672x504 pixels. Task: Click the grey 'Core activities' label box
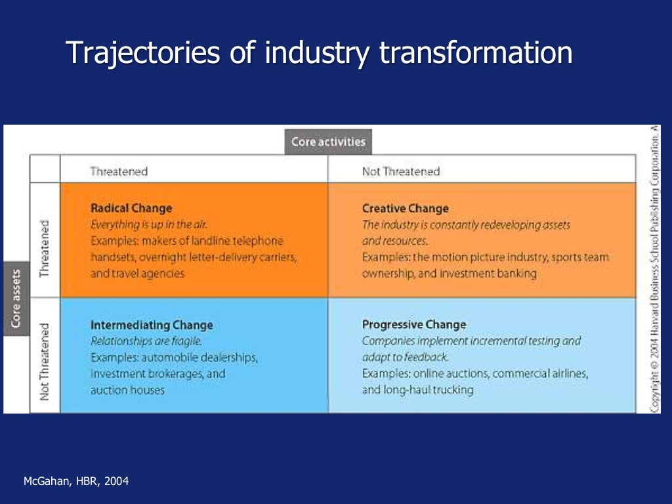[327, 142]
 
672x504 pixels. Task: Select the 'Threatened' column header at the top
[119, 171]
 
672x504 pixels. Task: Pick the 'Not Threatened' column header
[400, 171]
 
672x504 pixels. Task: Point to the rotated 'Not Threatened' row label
[45, 356]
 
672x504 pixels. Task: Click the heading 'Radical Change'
[131, 208]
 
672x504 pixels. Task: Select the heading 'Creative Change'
[406, 208]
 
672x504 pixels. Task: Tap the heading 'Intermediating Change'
[152, 325]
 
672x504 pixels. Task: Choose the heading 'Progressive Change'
[414, 324]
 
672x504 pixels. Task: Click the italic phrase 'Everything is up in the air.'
[149, 224]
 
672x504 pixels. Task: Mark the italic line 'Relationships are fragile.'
[146, 341]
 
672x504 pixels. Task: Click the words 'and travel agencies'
[138, 274]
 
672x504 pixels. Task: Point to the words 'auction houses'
[127, 390]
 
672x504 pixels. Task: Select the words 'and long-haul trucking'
[417, 390]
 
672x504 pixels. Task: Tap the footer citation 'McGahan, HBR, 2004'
[76, 482]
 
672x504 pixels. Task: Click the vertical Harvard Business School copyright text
[654, 269]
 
